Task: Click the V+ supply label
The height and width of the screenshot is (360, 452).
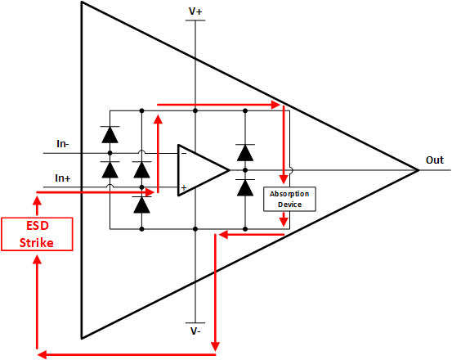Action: click(x=196, y=11)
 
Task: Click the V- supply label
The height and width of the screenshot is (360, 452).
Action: click(x=196, y=331)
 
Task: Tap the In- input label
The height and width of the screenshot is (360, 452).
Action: click(x=62, y=144)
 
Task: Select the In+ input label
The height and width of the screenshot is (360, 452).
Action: click(x=62, y=178)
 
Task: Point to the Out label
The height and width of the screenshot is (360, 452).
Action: click(x=435, y=160)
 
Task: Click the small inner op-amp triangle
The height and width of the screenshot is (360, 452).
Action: click(x=200, y=170)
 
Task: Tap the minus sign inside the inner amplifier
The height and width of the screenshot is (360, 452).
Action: click(x=183, y=153)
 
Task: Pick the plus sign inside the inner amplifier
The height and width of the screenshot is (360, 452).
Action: click(x=183, y=188)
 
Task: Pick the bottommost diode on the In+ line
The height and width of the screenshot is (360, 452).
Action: click(x=142, y=205)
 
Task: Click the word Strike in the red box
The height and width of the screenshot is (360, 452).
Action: click(x=36, y=242)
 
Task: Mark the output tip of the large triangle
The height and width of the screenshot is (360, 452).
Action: click(x=418, y=170)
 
